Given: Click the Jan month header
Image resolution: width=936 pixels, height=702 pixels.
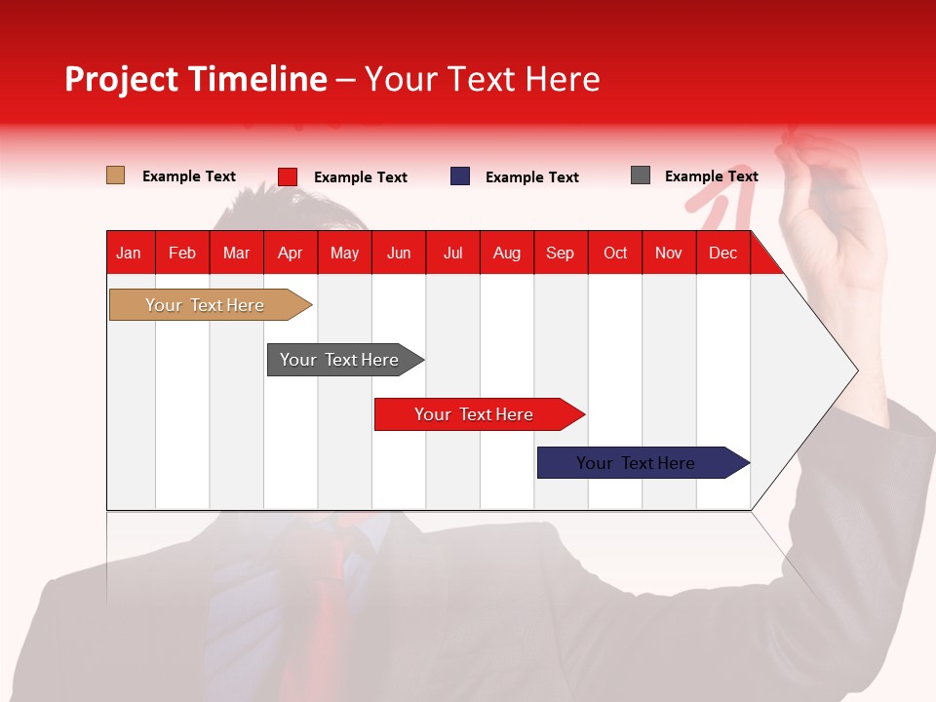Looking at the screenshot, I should click(x=130, y=253).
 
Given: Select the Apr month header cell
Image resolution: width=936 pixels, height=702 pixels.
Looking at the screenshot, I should click(x=291, y=253).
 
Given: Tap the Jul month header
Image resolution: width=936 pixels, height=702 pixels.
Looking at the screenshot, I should click(x=452, y=253).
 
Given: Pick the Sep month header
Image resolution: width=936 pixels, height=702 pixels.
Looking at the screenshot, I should click(x=561, y=253).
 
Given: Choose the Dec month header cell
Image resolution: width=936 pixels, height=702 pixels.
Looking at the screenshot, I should click(x=722, y=253).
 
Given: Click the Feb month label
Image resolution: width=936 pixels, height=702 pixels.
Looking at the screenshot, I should click(x=182, y=253).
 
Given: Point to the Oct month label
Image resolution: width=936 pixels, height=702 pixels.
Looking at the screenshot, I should click(x=615, y=253).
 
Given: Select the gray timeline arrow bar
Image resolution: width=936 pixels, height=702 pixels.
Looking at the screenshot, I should click(x=341, y=360).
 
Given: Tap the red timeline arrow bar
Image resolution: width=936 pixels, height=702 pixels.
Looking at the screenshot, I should click(x=476, y=414).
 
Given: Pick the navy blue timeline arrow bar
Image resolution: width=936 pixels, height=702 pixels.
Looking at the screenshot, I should click(x=639, y=463).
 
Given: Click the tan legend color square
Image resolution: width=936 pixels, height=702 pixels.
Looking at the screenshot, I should click(x=116, y=175).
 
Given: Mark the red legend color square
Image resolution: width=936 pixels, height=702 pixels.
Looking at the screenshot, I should click(x=288, y=176).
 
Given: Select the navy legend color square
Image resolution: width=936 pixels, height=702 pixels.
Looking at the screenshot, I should click(x=460, y=176).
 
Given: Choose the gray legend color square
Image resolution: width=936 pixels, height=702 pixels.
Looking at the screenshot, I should click(x=641, y=175).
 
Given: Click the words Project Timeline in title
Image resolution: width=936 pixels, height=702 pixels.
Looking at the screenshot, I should click(x=195, y=79).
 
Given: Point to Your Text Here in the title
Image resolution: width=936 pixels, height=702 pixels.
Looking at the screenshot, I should click(x=483, y=79).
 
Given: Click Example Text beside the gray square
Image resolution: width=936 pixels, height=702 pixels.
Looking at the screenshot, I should click(x=711, y=176).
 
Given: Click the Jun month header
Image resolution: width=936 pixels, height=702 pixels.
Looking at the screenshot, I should click(x=399, y=253).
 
